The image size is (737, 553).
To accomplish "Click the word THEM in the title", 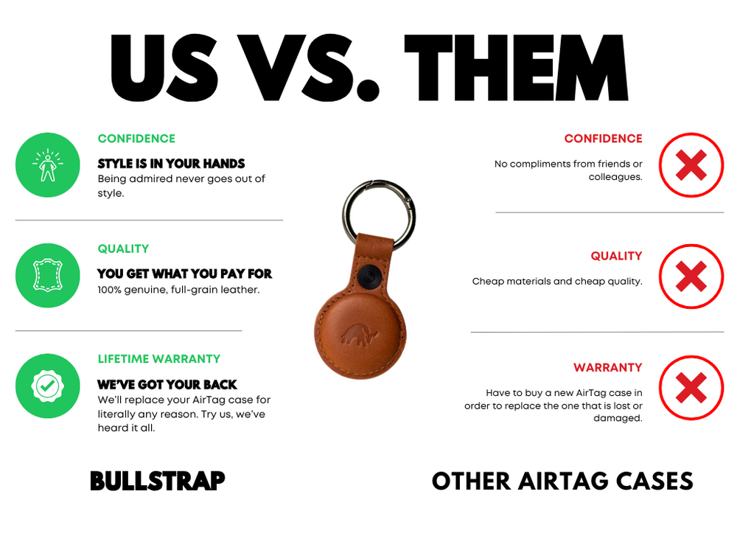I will (x=516, y=68).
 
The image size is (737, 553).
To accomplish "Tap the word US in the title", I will (x=164, y=68).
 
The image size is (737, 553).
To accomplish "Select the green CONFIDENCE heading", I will (x=136, y=139).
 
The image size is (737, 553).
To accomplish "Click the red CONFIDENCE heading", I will (x=603, y=139).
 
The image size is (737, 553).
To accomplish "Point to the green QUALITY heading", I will (x=123, y=249).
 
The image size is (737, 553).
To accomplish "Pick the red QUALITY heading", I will (x=616, y=256).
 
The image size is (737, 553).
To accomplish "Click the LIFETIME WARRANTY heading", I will (x=159, y=359).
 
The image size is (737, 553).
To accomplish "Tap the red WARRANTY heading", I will (x=608, y=367).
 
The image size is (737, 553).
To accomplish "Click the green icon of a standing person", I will (x=47, y=164).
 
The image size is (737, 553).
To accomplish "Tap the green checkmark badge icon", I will (x=47, y=386).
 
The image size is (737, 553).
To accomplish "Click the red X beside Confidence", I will (x=691, y=165).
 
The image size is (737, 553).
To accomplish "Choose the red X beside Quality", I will (x=691, y=276).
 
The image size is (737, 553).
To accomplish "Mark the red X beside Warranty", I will (x=691, y=387).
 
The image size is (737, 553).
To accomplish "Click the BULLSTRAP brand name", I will (x=157, y=481).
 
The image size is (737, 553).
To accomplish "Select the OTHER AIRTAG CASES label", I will (x=562, y=481).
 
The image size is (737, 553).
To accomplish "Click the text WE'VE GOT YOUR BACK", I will (x=167, y=385).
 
